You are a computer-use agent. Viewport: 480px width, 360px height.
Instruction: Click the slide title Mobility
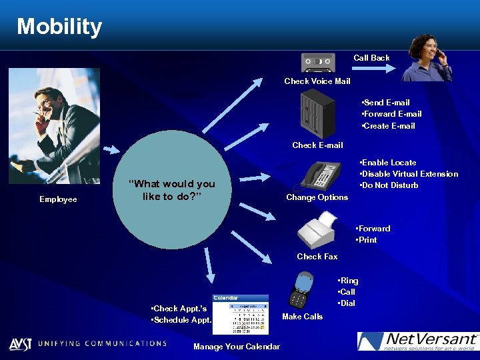coord(59,27)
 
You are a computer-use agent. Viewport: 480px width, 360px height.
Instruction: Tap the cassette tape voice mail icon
coord(318,64)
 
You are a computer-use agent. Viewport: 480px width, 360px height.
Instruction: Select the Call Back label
coord(371,58)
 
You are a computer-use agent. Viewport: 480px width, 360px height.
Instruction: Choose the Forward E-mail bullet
coord(391,114)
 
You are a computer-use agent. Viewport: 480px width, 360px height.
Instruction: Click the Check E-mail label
coord(317,145)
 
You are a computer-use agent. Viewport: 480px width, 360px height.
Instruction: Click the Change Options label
coord(317,197)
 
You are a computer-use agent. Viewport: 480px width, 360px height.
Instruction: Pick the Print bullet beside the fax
coord(367,240)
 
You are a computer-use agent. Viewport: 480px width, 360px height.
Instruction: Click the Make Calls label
coord(303,317)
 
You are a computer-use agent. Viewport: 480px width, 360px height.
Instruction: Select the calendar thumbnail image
coord(240,314)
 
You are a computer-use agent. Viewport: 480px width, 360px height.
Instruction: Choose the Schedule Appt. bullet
coord(181,320)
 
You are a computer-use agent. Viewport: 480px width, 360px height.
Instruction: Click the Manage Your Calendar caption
coord(237,346)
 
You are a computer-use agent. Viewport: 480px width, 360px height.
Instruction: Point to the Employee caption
coord(58,199)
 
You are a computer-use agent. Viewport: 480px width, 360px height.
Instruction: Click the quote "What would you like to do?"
coord(172,191)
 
